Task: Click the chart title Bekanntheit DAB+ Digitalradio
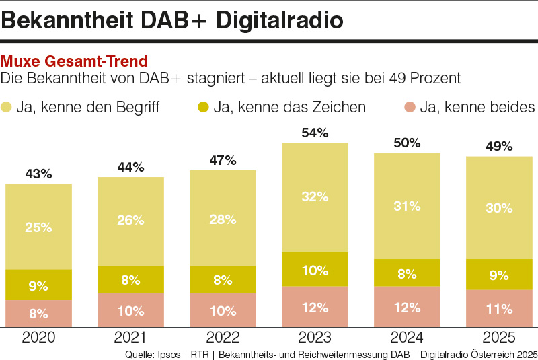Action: coord(172,20)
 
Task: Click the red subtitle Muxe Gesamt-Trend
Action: coord(75,62)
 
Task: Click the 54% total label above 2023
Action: coord(315,133)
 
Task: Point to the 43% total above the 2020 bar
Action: coord(38,174)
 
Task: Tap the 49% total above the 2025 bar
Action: coord(499,147)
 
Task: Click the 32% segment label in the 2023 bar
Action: coord(315,197)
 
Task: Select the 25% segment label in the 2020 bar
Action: coord(38,227)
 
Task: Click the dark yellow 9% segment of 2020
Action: coord(38,285)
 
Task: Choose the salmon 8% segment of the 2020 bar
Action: coord(38,313)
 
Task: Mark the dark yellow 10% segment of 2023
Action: coord(315,270)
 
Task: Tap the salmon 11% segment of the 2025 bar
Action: coord(499,309)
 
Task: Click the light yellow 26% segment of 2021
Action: coord(130,221)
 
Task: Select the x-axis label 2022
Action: coord(223,338)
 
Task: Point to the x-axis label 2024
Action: coord(407,338)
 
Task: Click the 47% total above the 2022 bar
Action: coord(223,160)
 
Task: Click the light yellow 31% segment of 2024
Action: coord(407,206)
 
